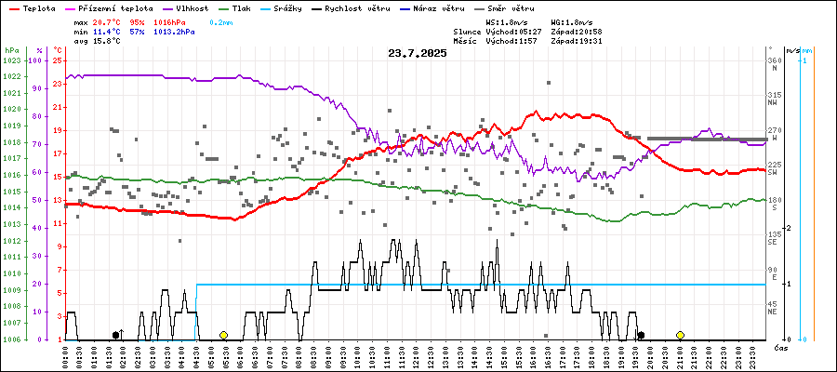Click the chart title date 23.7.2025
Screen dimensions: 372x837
click(418, 53)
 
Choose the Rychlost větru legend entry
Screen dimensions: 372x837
click(351, 8)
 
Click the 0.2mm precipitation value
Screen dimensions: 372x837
click(221, 20)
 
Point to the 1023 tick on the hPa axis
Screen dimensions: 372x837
click(12, 60)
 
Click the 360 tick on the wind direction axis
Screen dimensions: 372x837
click(773, 60)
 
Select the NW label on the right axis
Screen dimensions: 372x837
click(773, 103)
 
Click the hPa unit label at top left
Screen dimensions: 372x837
click(11, 50)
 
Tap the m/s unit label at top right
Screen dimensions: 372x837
click(791, 50)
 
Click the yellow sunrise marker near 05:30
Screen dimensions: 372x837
click(223, 335)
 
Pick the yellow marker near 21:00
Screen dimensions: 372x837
click(681, 335)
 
